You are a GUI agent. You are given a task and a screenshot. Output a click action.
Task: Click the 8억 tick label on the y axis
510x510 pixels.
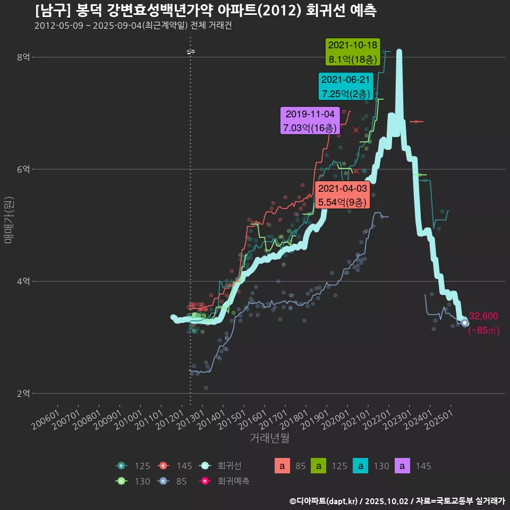(22, 57)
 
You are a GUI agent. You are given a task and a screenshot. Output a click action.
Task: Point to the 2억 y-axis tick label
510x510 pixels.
(22, 394)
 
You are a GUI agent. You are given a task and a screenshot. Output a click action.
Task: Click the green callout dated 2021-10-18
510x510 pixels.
(353, 52)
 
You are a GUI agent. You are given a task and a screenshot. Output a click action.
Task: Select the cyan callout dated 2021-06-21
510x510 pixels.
(346, 87)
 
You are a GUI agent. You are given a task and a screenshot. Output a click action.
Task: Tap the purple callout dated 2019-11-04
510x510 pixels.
(310, 121)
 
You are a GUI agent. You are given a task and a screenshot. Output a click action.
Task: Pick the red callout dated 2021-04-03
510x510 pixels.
(342, 195)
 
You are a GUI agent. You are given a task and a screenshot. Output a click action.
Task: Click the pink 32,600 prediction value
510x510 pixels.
(483, 316)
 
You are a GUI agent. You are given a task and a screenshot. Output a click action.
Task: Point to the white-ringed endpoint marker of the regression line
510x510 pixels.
(465, 322)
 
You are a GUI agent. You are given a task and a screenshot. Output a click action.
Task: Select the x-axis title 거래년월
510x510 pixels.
(269, 438)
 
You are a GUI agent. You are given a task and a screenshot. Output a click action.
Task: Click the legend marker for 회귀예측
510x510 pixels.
(206, 481)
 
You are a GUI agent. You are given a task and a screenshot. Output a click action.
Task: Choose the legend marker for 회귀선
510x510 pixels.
(206, 466)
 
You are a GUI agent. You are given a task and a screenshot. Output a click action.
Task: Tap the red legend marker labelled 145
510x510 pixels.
(164, 466)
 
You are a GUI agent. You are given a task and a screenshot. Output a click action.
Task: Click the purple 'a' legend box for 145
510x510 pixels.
(403, 466)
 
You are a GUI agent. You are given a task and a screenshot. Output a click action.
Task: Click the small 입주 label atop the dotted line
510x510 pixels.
(191, 52)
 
